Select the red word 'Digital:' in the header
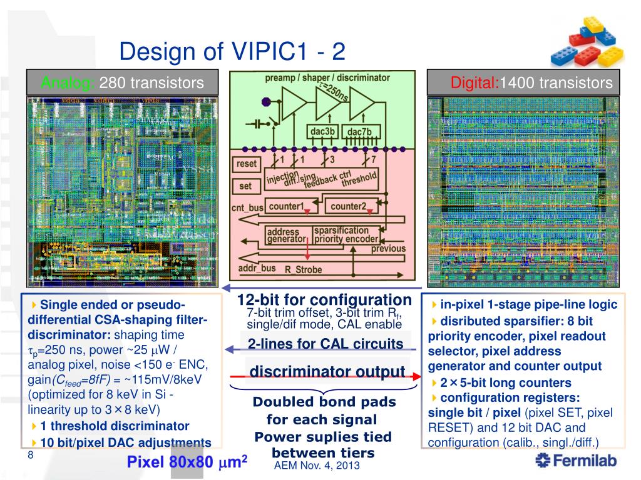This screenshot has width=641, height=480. pyautogui.click(x=474, y=82)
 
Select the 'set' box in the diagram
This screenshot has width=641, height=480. pyautogui.click(x=245, y=186)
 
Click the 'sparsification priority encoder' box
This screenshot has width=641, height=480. pyautogui.click(x=346, y=235)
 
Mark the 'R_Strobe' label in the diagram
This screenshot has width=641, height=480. pyautogui.click(x=304, y=270)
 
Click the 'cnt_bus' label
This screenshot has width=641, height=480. pyautogui.click(x=247, y=207)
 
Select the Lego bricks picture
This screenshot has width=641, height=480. pyautogui.click(x=588, y=42)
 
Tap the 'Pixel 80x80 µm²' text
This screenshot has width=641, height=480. pyautogui.click(x=188, y=462)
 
